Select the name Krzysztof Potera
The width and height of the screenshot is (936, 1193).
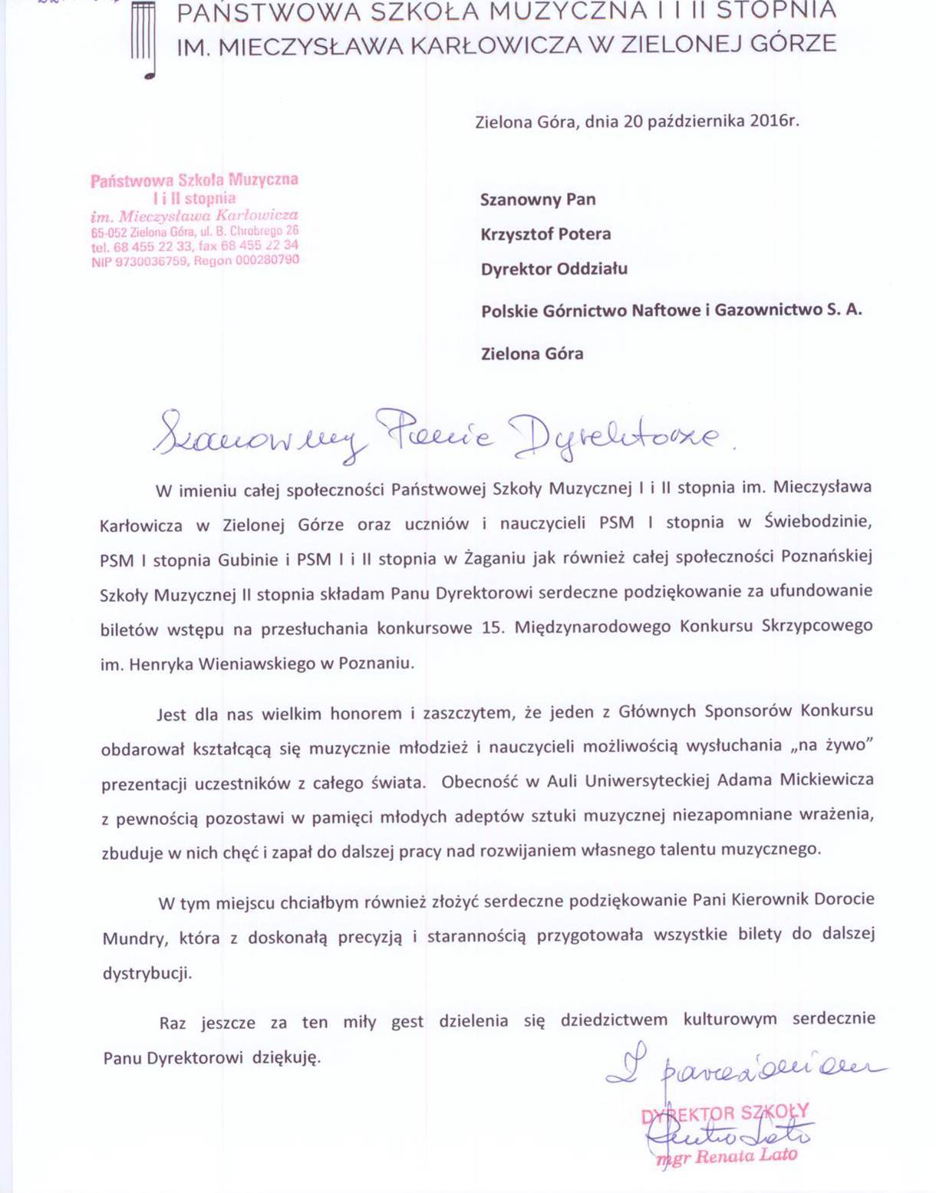545,235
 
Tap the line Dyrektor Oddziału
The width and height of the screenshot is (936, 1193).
554,269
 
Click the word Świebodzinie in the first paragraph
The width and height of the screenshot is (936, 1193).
819,523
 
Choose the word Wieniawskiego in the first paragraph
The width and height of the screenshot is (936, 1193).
257,664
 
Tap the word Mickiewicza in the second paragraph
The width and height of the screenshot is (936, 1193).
826,781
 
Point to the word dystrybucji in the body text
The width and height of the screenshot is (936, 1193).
147,974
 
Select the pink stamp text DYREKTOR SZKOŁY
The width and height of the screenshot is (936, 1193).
725,1113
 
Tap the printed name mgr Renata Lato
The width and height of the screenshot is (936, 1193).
726,1156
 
